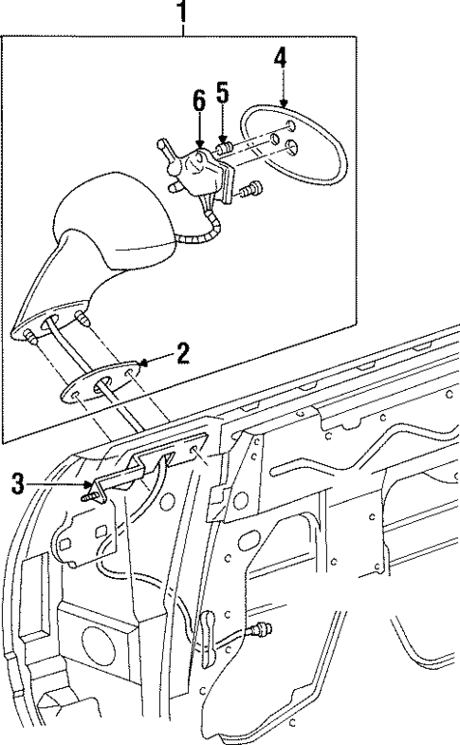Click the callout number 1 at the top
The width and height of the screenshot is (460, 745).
point(183,12)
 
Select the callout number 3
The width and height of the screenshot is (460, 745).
point(17,483)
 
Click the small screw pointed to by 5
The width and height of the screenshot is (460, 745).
point(226,147)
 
